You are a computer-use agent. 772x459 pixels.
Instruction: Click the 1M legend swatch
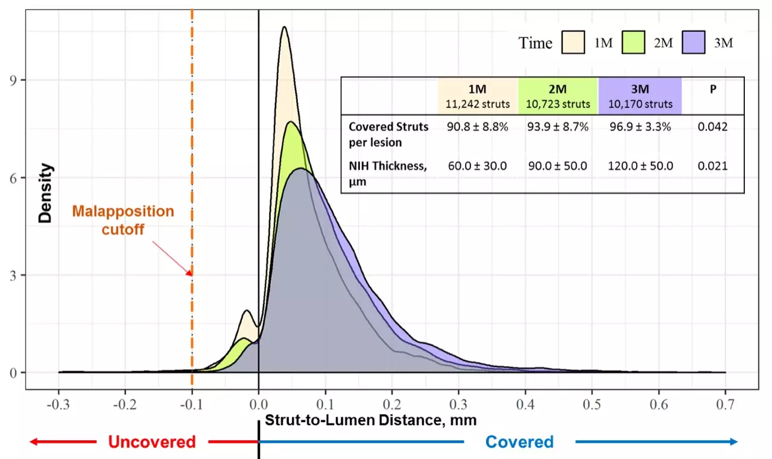pyautogui.click(x=574, y=43)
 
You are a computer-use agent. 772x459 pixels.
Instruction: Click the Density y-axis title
pyautogui.click(x=45, y=193)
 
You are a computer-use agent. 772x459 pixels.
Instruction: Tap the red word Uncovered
pyautogui.click(x=152, y=442)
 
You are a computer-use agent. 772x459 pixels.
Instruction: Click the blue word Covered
pyautogui.click(x=519, y=442)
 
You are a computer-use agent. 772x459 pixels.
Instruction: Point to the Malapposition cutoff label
pyautogui.click(x=123, y=219)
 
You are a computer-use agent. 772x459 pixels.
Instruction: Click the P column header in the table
pyautogui.click(x=713, y=89)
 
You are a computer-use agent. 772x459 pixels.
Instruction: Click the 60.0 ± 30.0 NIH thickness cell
pyautogui.click(x=478, y=166)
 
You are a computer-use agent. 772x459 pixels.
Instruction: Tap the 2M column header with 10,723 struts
pyautogui.click(x=558, y=95)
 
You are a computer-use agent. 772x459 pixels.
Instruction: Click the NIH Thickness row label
pyautogui.click(x=388, y=172)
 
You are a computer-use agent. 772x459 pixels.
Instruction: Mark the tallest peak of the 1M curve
pyautogui.click(x=283, y=27)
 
